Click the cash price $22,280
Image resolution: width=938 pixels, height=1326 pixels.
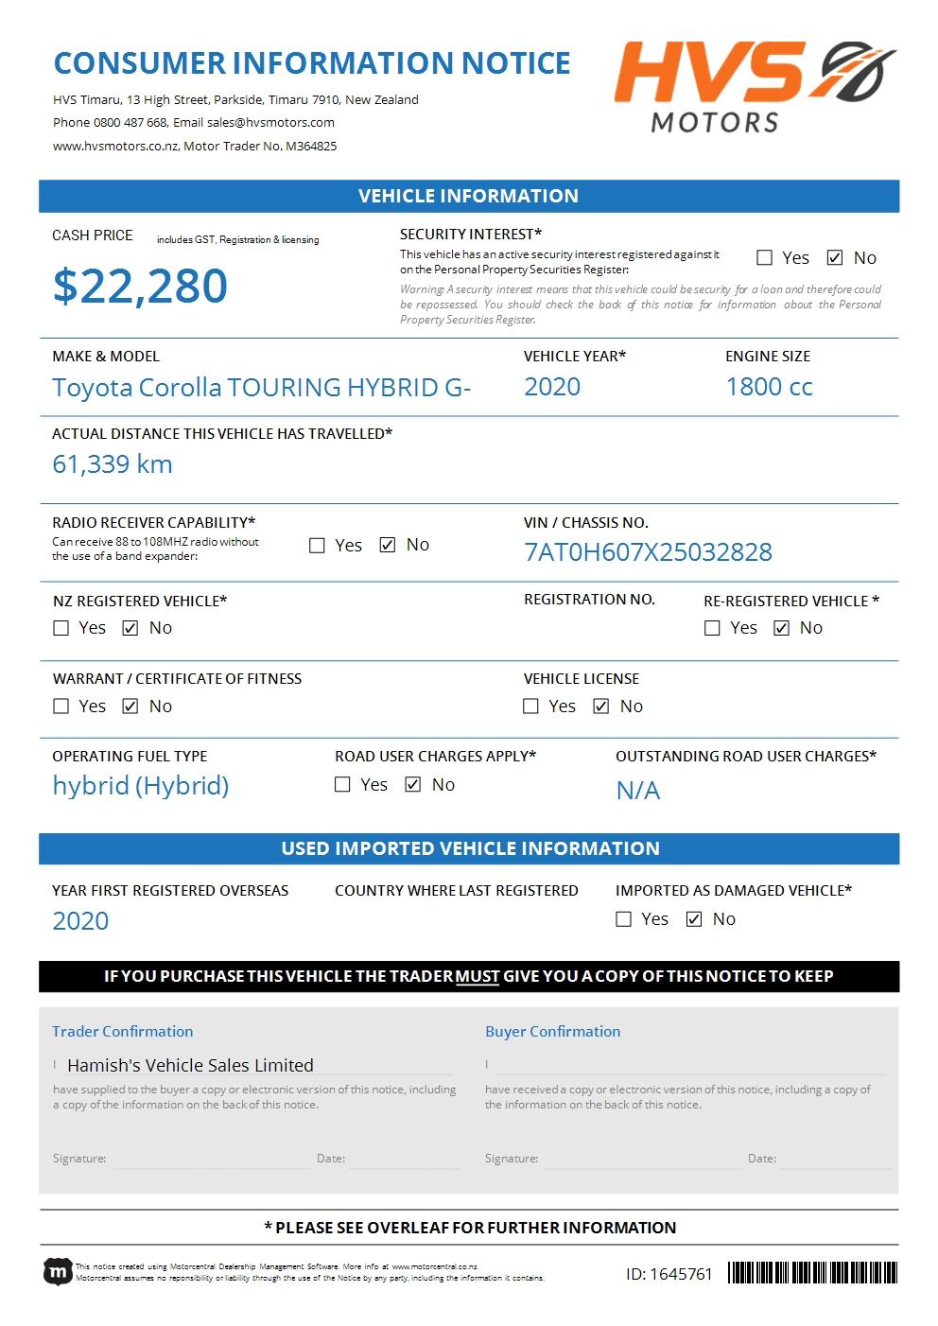pyautogui.click(x=140, y=286)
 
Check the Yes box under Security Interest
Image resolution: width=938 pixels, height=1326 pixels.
pyautogui.click(x=765, y=257)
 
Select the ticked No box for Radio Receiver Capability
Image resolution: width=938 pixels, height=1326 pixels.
pyautogui.click(x=388, y=545)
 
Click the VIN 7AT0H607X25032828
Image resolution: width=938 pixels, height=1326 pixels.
pyautogui.click(x=648, y=552)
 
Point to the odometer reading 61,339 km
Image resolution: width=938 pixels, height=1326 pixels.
pyautogui.click(x=113, y=464)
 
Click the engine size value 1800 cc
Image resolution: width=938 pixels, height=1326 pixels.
pyautogui.click(x=769, y=387)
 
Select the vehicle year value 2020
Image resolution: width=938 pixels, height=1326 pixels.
pyautogui.click(x=552, y=387)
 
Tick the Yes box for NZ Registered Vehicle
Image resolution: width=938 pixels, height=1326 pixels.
pyautogui.click(x=61, y=628)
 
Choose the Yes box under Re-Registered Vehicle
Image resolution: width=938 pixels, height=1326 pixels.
pyautogui.click(x=713, y=628)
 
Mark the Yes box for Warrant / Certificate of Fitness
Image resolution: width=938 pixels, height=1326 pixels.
pyautogui.click(x=61, y=707)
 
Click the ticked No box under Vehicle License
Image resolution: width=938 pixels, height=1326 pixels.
pyautogui.click(x=601, y=707)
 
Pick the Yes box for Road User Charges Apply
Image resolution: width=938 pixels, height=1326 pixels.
pyautogui.click(x=343, y=785)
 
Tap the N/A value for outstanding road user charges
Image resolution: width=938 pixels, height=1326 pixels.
pyautogui.click(x=638, y=791)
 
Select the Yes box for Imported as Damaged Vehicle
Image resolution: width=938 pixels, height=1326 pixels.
pyautogui.click(x=624, y=919)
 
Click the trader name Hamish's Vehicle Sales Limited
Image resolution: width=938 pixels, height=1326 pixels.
pyautogui.click(x=190, y=1065)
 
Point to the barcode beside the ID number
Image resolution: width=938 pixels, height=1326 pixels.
pyautogui.click(x=812, y=1273)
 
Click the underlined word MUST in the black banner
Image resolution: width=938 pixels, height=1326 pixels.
pyautogui.click(x=478, y=976)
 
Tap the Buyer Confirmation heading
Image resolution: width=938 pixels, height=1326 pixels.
pyautogui.click(x=553, y=1032)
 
